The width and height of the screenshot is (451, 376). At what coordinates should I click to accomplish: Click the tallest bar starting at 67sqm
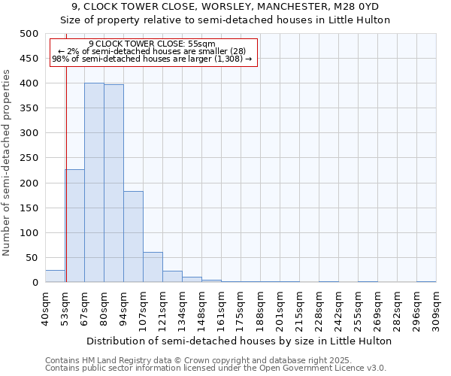coord(94,183)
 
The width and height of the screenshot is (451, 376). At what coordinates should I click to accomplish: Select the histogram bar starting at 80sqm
coord(114,183)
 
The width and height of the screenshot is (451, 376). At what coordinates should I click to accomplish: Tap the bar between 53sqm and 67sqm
coord(74,226)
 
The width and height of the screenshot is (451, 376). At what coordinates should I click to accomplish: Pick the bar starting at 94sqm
coord(133,237)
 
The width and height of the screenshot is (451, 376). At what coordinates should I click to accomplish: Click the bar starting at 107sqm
coord(153,268)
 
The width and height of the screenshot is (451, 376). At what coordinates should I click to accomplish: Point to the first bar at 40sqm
coord(55,276)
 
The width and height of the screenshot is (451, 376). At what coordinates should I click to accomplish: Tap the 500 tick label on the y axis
coord(29,34)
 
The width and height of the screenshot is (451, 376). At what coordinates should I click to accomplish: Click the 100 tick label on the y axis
coord(29,233)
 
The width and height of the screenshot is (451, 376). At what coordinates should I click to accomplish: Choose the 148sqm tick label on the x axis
coord(201,308)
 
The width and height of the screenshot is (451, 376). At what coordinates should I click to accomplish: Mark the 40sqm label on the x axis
coord(45,308)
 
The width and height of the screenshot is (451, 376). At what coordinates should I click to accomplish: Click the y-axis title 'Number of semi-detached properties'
coord(8,162)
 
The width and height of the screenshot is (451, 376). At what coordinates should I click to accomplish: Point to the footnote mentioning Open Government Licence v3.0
coord(216,368)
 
